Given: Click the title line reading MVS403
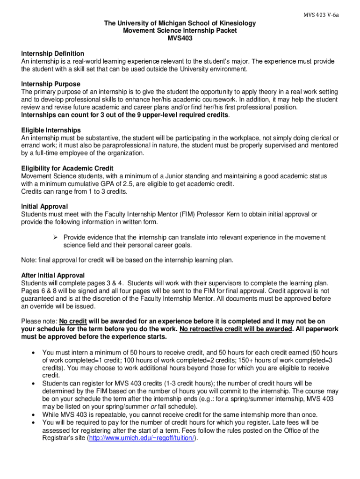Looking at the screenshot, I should (180, 38).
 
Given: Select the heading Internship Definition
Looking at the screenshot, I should (52, 54).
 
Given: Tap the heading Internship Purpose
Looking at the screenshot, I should (50, 84).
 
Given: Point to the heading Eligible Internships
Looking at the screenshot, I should (51, 130).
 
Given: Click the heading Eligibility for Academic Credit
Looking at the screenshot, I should (67, 168).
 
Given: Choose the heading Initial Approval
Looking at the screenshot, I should (44, 206).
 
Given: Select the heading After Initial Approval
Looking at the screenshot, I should (53, 275).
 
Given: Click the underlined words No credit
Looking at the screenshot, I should (72, 321).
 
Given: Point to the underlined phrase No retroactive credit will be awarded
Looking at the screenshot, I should (236, 329).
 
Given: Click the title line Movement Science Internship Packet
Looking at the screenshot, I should (180, 30).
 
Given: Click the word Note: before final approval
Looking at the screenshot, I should (29, 260).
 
